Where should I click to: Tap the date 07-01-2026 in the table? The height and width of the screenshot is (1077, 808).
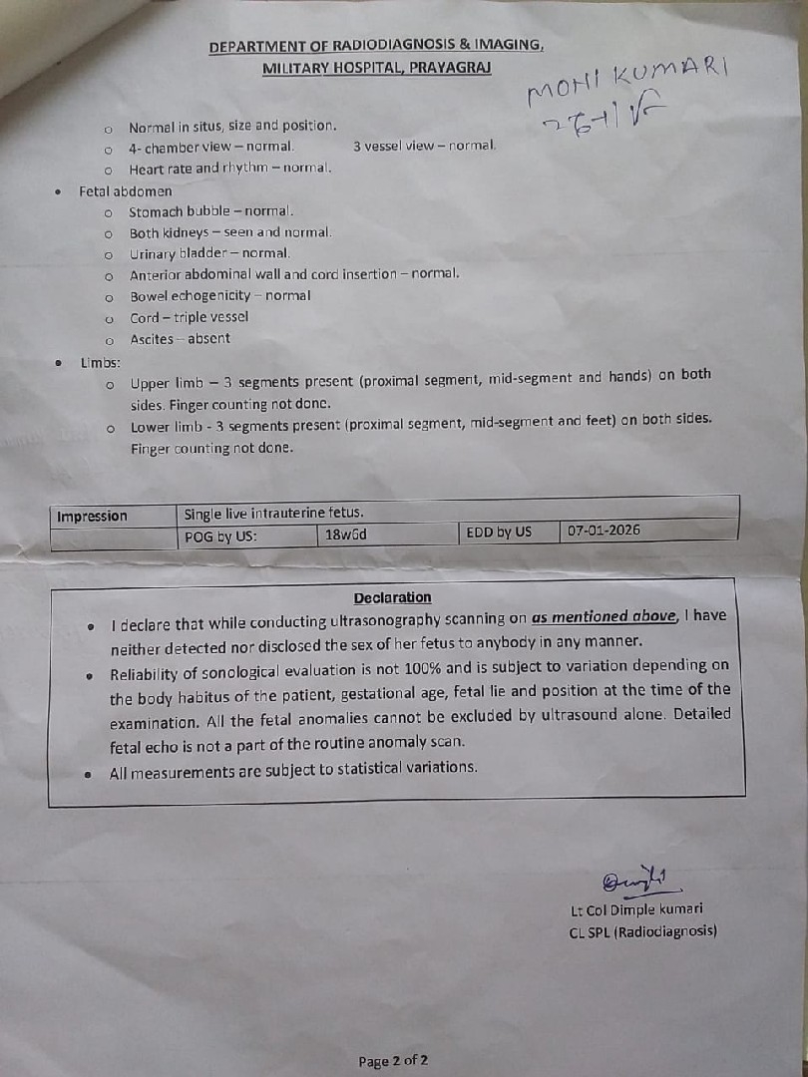604,532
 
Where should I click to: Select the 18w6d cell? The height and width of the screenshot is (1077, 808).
346,535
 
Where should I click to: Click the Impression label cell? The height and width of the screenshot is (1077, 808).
92,517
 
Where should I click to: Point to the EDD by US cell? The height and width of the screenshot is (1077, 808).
499,533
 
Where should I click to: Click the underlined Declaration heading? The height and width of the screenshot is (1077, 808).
393,597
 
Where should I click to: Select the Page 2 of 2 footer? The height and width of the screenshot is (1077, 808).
393,1061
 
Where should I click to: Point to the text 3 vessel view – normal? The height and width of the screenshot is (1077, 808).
424,146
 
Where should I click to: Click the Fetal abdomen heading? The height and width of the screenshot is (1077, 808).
126,190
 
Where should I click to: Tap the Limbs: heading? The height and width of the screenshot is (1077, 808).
101,363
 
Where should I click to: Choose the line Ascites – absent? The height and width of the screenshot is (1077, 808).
180,339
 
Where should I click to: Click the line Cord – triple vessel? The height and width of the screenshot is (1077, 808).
190,318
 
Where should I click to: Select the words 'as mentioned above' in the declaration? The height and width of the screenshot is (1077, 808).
605,616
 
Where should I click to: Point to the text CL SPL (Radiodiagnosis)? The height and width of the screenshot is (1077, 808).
642,932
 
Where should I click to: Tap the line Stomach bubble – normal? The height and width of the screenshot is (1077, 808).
211,211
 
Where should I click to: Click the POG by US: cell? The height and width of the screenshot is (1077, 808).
220,537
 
